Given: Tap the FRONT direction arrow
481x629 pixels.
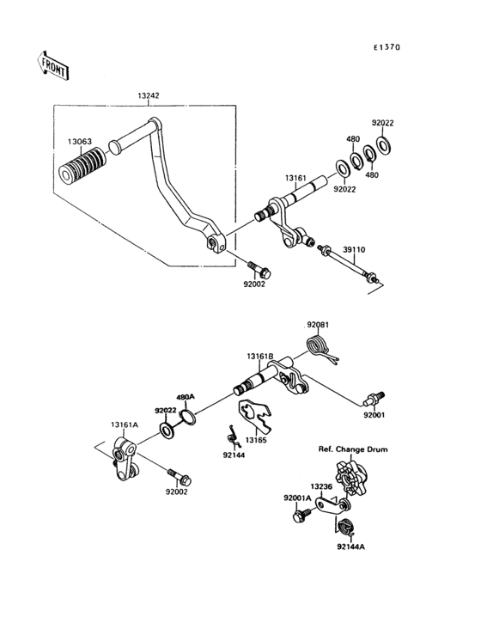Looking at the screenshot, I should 52,65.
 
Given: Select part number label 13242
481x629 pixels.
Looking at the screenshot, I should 148,97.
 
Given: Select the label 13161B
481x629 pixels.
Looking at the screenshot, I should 259,356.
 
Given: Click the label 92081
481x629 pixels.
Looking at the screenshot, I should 319,326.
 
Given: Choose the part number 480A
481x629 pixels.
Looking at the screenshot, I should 186,397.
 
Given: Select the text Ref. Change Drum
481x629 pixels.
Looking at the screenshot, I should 353,449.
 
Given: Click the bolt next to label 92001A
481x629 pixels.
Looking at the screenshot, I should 301,517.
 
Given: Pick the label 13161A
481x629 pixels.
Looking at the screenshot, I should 125,424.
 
